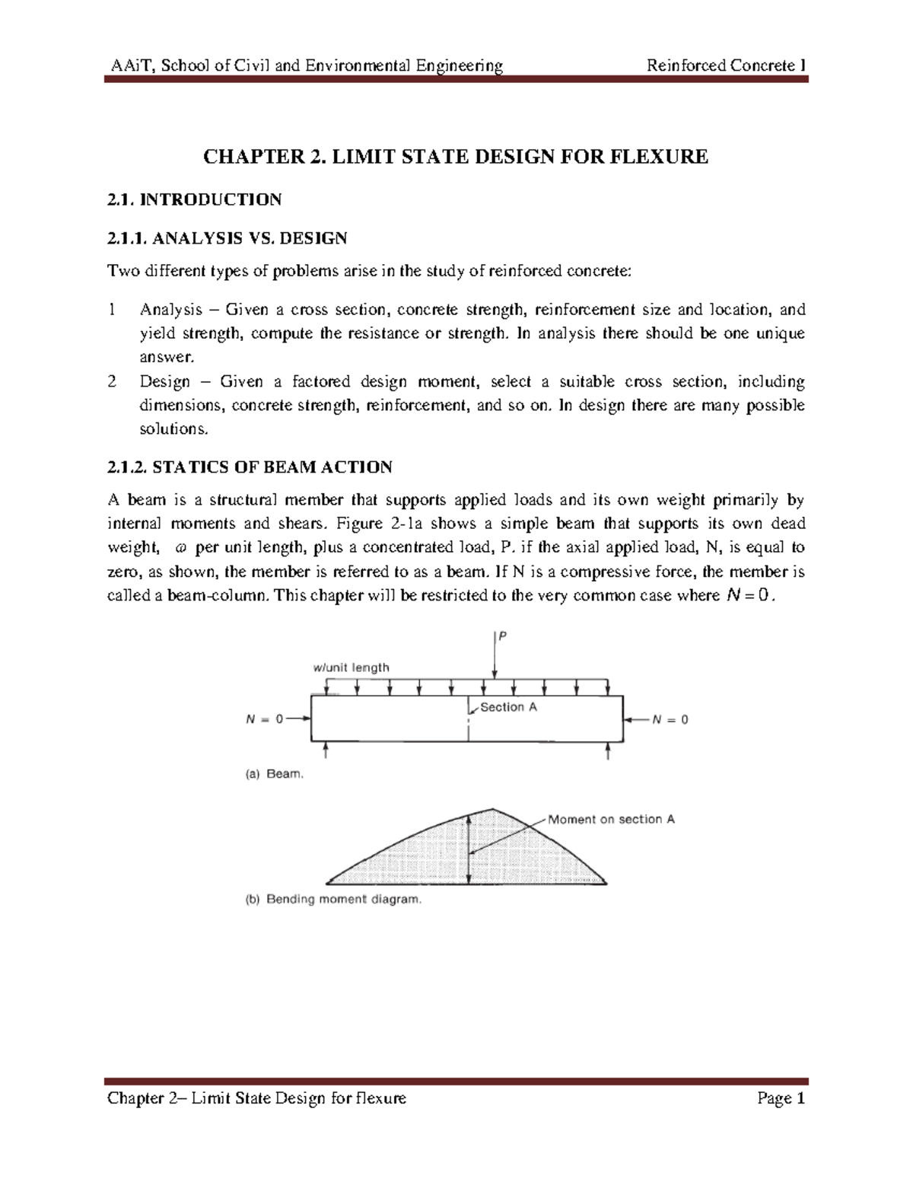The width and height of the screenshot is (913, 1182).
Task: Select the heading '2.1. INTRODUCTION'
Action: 194,199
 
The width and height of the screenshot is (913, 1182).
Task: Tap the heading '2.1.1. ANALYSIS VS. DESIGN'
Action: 227,238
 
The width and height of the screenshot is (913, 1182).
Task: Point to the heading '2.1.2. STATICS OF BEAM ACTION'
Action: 250,467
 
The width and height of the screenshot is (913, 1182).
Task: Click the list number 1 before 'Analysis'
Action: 112,310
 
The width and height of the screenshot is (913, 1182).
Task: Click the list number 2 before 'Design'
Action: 112,381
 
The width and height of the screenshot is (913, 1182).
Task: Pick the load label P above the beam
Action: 502,636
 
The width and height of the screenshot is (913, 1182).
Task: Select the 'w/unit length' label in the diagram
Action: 351,667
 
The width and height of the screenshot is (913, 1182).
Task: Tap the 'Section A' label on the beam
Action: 508,707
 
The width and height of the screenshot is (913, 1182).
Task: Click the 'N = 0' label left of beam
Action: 264,719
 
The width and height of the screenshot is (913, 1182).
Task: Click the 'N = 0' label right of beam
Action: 670,719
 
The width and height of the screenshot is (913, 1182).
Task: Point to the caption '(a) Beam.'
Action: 274,774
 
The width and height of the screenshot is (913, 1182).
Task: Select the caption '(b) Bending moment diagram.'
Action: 332,899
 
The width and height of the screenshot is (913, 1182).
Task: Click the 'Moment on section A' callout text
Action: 611,820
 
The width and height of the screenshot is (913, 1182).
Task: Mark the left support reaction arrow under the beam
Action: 326,751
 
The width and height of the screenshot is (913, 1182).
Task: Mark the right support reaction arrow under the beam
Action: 609,751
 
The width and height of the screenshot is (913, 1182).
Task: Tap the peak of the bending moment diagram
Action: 493,810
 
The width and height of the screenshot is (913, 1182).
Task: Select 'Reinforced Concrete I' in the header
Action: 726,65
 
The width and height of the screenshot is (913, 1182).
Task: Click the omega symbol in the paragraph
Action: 180,548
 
